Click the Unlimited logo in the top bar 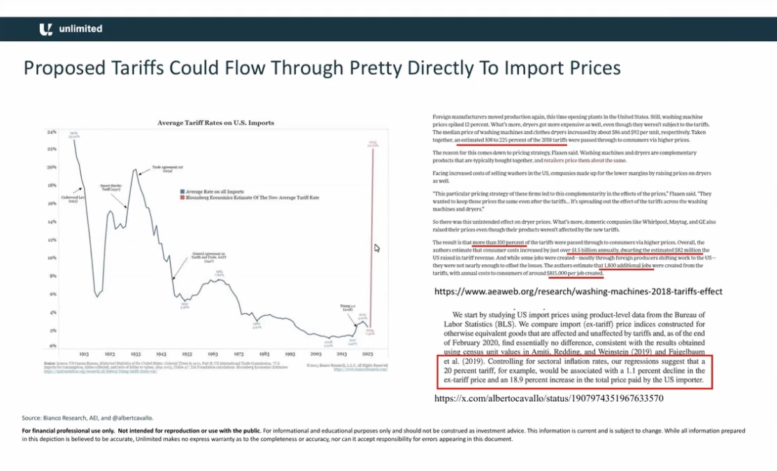(71, 29)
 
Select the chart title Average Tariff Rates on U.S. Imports (215, 123)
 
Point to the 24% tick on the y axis (51, 132)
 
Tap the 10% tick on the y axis (51, 258)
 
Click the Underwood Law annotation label (73, 198)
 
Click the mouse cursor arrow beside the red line (377, 248)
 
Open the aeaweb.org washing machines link (578, 291)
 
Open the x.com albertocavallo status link (549, 398)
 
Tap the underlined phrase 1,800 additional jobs (627, 266)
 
